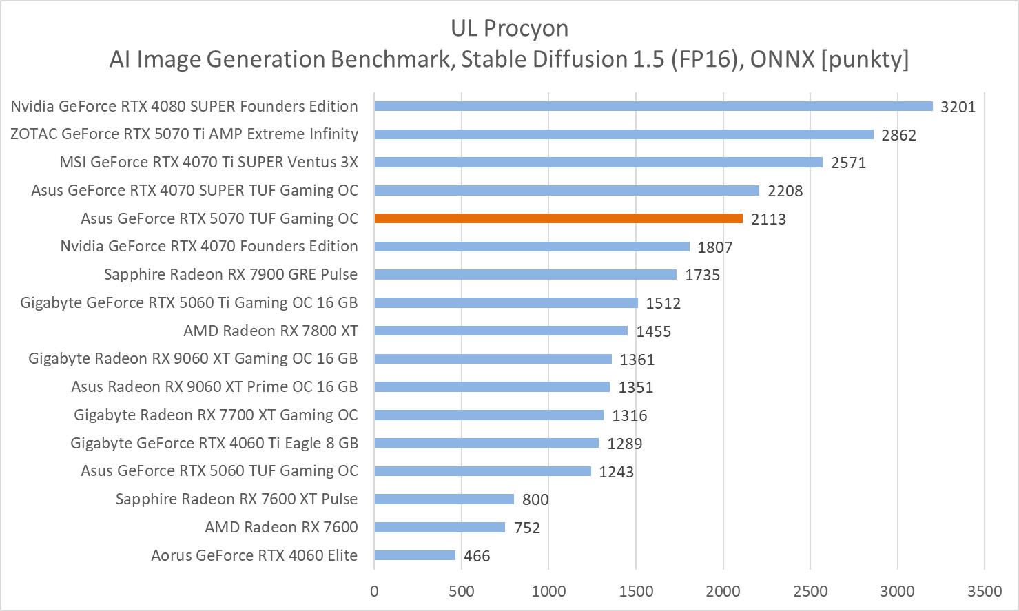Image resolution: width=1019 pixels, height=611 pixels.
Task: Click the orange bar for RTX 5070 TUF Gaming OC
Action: [x=558, y=218]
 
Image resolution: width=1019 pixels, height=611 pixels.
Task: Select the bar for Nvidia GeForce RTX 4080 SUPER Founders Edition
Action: [x=653, y=106]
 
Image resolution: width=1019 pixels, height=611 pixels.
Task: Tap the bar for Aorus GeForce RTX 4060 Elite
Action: [x=415, y=555]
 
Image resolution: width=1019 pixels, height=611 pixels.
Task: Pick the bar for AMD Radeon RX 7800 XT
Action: [x=501, y=331]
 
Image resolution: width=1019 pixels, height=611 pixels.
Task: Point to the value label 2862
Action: [x=899, y=135]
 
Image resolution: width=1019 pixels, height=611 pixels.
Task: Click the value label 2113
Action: [x=768, y=219]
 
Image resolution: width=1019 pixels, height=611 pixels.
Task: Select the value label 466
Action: [x=477, y=556]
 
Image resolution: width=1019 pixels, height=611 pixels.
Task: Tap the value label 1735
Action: [x=702, y=276]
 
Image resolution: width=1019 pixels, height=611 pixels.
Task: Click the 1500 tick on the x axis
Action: [x=635, y=591]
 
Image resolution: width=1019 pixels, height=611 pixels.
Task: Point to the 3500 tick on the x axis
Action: [x=985, y=591]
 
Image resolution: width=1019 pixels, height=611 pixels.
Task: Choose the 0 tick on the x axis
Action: [x=374, y=591]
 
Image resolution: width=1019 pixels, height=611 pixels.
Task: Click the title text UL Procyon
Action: [x=509, y=28]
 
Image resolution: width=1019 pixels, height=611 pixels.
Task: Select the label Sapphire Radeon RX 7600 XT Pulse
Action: [x=236, y=499]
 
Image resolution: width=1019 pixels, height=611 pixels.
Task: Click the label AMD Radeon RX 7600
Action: [x=281, y=527]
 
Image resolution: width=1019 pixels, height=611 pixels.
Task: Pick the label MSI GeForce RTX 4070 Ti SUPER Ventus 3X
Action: [x=209, y=162]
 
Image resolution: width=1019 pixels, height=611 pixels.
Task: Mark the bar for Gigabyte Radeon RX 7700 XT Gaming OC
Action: [x=488, y=415]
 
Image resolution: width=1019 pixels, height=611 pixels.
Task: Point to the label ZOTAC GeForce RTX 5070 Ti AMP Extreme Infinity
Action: [x=184, y=134]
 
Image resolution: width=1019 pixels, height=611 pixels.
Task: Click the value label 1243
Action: [x=616, y=472]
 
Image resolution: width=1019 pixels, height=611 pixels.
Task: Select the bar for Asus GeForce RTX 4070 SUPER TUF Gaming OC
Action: [x=566, y=190]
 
